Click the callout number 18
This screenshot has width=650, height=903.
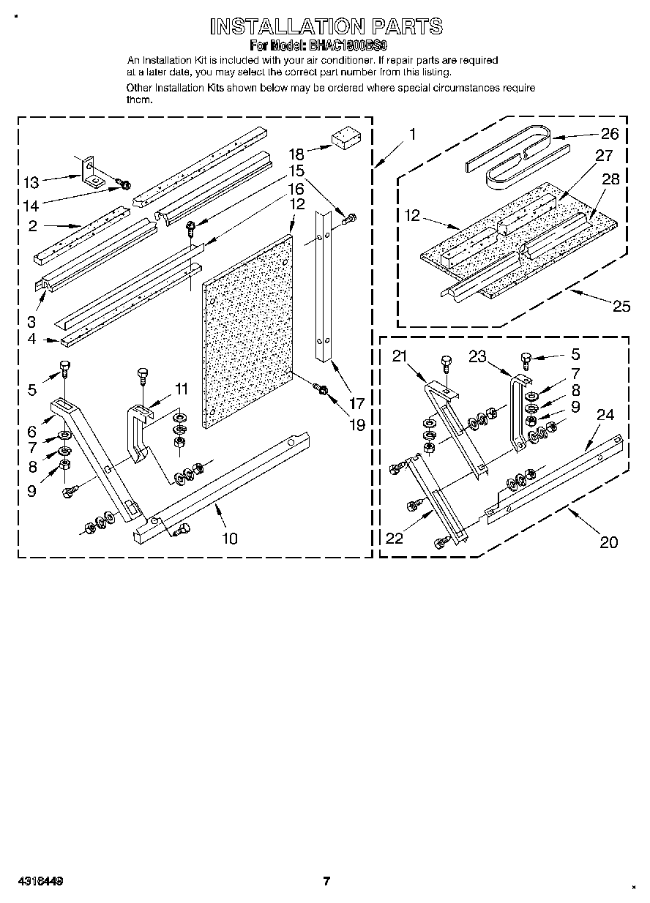tap(296, 154)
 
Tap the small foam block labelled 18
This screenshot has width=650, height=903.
tap(343, 139)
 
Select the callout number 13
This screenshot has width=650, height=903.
tap(31, 182)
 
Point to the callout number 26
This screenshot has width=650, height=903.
tap(609, 133)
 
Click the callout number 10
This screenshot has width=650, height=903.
tap(230, 539)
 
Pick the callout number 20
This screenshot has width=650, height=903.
tap(608, 542)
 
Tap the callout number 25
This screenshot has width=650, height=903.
tap(621, 306)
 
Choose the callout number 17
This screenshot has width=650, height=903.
tap(356, 402)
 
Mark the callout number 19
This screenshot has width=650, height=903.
tap(356, 424)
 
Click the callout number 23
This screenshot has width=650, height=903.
tap(477, 357)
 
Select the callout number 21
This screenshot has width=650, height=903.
tap(399, 356)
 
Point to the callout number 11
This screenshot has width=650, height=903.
tap(180, 389)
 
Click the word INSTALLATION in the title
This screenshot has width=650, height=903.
tap(282, 27)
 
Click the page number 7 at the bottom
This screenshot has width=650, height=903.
tap(327, 881)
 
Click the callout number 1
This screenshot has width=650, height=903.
tap(413, 134)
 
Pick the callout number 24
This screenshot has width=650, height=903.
tap(605, 415)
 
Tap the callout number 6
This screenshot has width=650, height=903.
tap(31, 432)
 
